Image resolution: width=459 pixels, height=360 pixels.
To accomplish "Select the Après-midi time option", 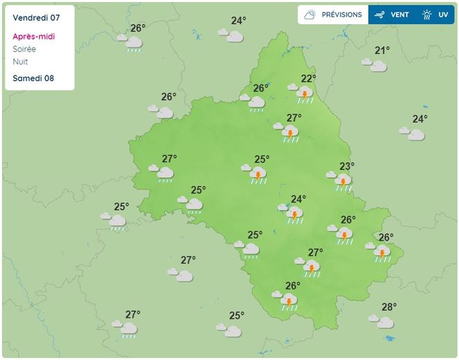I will (x=34, y=37).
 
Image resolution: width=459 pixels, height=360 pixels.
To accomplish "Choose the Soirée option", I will (x=25, y=49).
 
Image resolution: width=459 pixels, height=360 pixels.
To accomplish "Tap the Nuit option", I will (x=21, y=62).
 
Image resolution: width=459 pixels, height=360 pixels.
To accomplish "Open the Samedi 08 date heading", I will (x=34, y=78).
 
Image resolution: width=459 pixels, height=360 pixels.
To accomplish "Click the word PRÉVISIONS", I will (x=341, y=15).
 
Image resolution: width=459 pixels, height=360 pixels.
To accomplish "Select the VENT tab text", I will (x=399, y=15).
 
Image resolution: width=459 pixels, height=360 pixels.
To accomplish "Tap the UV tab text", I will (x=443, y=15).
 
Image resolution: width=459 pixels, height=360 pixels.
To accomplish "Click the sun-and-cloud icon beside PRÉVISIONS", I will (x=310, y=15).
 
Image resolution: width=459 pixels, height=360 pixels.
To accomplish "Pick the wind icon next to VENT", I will (x=379, y=15).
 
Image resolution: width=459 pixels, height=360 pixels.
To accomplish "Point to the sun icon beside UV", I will (x=426, y=15).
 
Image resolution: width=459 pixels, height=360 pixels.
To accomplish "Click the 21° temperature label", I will (x=382, y=50).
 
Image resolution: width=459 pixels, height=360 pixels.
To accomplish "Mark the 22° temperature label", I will (x=308, y=78).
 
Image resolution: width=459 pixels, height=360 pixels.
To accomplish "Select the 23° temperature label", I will (x=347, y=166).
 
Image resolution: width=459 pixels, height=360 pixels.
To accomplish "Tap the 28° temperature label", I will (x=389, y=307).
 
